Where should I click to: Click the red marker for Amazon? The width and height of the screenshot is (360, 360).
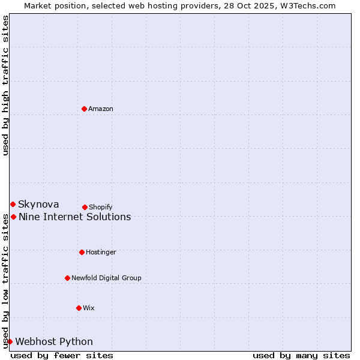(84, 109)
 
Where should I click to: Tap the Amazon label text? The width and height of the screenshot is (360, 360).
(101, 109)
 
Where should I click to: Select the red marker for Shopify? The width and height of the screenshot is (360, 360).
(85, 207)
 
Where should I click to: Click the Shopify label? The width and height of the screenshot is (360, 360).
(101, 207)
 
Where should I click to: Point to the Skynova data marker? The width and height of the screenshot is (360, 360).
(13, 204)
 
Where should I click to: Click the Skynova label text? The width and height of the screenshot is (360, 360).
(38, 205)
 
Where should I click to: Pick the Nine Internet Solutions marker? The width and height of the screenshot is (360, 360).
(13, 217)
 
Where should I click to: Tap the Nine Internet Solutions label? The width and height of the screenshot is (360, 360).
(75, 217)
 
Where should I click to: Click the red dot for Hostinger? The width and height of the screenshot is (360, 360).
(82, 252)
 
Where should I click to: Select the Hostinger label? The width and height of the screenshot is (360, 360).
(101, 252)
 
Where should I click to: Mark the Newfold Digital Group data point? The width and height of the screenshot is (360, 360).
(67, 278)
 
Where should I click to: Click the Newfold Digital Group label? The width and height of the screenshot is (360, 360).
(106, 278)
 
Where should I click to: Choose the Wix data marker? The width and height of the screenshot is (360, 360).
(79, 308)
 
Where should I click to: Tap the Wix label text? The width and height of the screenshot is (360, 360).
(89, 308)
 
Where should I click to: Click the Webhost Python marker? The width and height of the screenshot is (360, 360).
(10, 341)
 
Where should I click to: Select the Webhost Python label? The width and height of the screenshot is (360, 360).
(54, 342)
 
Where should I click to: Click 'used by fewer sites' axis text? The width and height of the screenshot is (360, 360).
(62, 355)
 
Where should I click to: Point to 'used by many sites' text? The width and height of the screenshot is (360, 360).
(301, 355)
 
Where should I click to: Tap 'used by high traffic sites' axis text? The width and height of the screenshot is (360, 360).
(5, 85)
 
